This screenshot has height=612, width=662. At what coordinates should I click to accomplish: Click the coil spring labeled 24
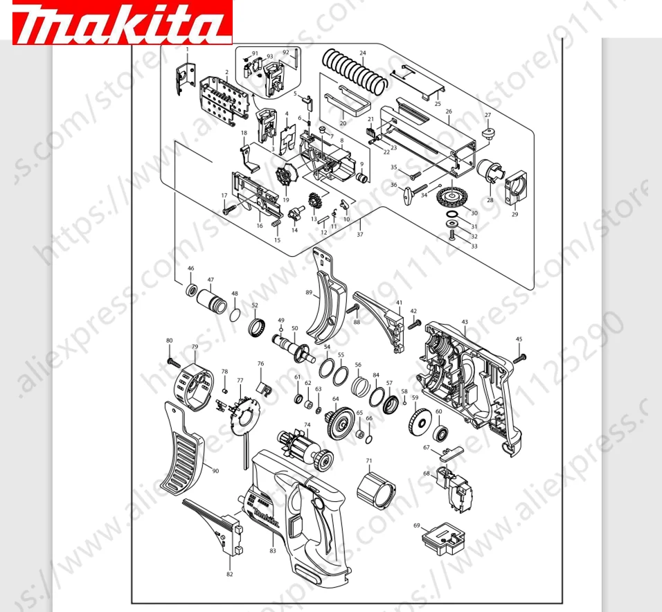(x=355, y=72)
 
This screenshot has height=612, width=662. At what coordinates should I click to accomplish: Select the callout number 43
(x=465, y=322)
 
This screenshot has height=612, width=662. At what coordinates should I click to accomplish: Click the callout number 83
(x=273, y=551)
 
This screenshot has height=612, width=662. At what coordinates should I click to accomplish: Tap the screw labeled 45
(x=521, y=357)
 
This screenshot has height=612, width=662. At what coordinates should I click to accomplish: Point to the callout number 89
(x=309, y=293)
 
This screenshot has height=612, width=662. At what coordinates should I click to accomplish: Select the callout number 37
(x=359, y=235)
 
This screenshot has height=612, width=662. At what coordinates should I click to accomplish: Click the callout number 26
(x=449, y=111)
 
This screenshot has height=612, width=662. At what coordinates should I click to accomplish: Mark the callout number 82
(x=229, y=574)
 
